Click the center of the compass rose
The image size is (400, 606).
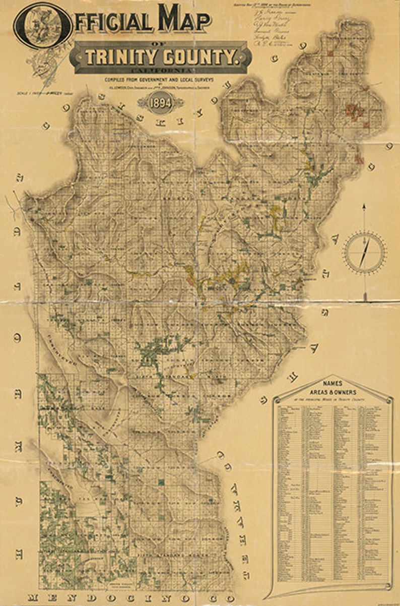tap(365, 252)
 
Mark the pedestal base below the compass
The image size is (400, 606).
tap(364, 300)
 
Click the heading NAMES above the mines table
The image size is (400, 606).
tap(333, 384)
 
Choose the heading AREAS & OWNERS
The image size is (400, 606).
tap(333, 392)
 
